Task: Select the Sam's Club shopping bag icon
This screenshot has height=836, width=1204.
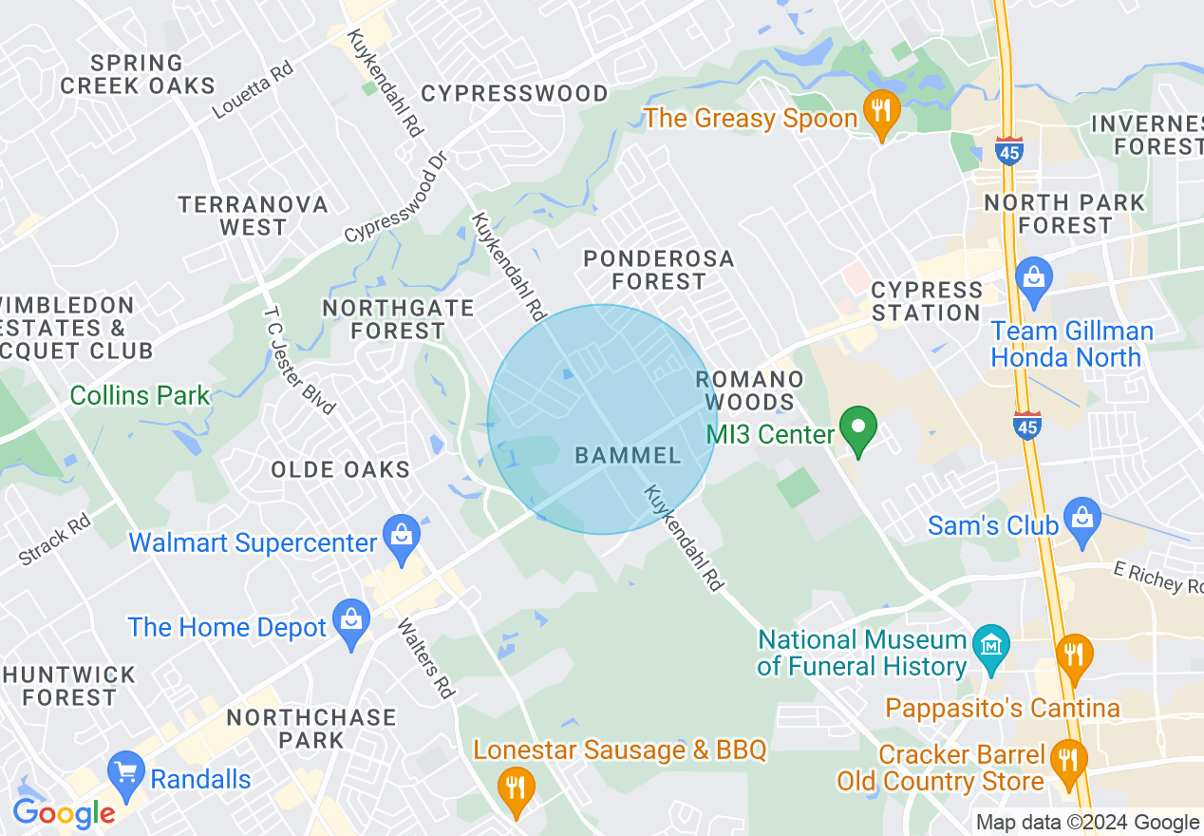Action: (1082, 520)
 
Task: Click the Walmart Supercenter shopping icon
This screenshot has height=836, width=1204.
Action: (403, 536)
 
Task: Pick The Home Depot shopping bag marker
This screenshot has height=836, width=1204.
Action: (351, 621)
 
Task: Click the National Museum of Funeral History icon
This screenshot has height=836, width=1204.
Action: (990, 647)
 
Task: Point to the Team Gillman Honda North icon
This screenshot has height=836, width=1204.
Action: (1033, 277)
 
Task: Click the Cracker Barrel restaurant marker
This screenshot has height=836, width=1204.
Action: (1069, 761)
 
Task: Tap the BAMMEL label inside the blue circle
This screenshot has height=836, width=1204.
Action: (628, 455)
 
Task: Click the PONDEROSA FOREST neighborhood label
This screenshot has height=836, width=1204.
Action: (659, 270)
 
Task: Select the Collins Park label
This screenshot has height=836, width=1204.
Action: (140, 395)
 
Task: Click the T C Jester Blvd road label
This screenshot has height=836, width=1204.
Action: (300, 360)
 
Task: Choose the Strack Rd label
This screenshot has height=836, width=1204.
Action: (54, 538)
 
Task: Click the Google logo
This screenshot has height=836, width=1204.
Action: (63, 812)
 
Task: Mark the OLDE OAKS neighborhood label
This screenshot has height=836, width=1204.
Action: (340, 469)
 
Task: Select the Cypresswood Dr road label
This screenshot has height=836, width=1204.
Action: (395, 196)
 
